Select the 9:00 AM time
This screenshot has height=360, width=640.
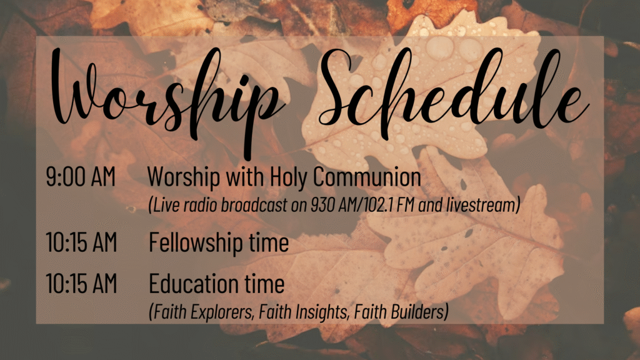pyautogui.click(x=81, y=177)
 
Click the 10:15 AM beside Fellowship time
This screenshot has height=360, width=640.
pyautogui.click(x=81, y=242)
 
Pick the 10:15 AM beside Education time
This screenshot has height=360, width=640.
pyautogui.click(x=81, y=283)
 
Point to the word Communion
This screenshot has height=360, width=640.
pyautogui.click(x=367, y=177)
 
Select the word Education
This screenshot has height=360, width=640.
pyautogui.click(x=194, y=283)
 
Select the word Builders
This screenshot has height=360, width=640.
pyautogui.click(x=419, y=312)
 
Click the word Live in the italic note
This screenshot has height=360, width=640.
pyautogui.click(x=164, y=205)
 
